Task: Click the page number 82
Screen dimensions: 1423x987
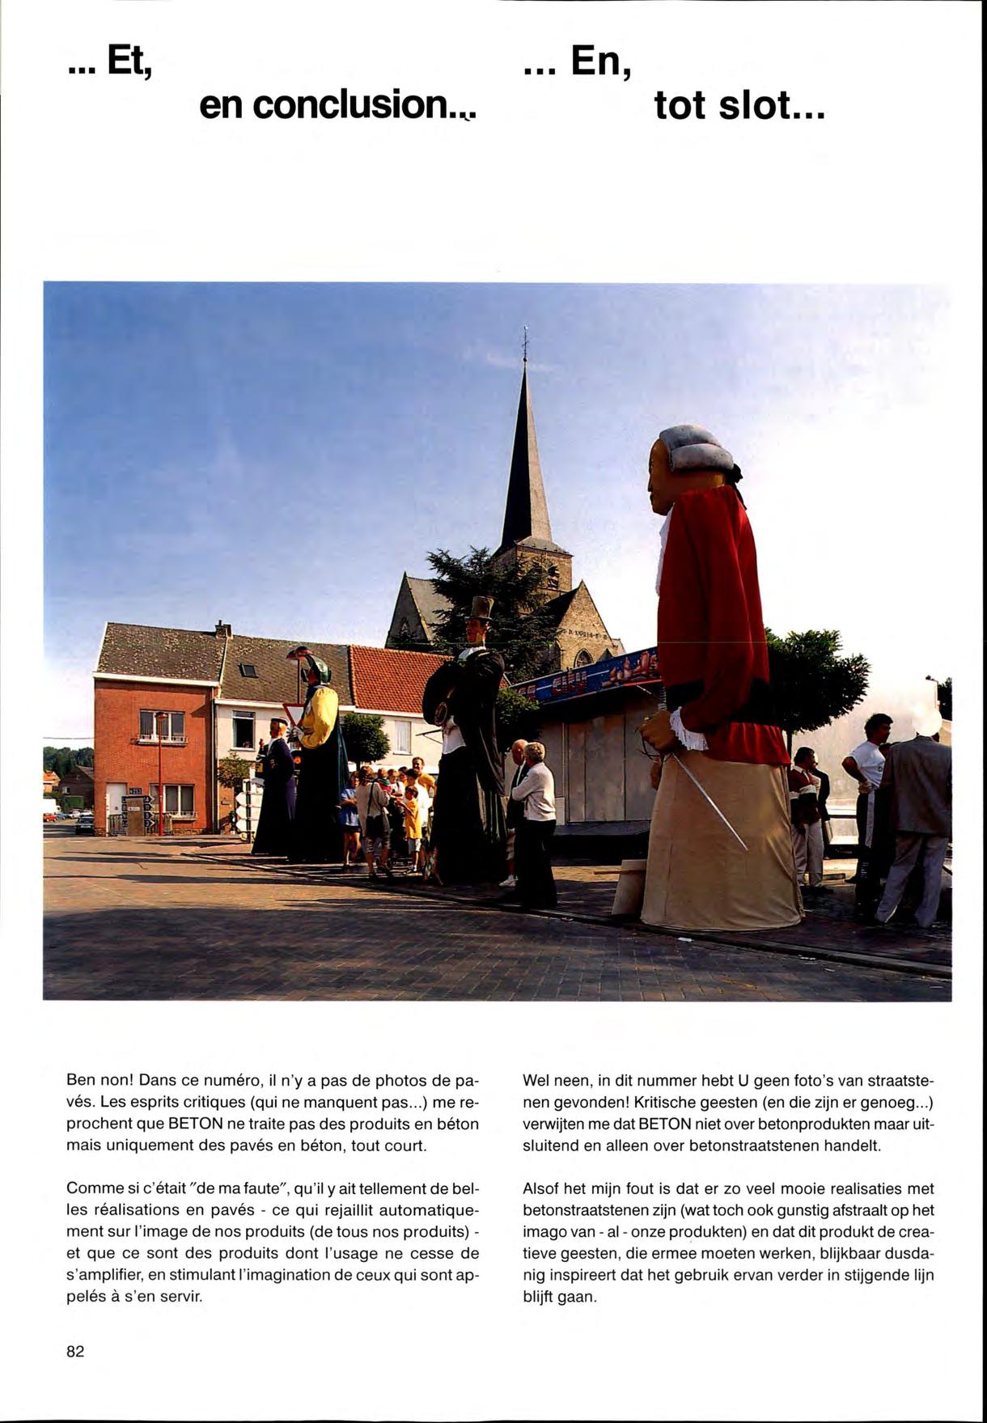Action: point(75,1351)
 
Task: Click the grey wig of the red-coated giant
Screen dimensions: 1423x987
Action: point(694,449)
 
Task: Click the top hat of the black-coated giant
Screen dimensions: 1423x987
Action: point(481,608)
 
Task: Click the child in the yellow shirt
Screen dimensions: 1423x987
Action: point(413,817)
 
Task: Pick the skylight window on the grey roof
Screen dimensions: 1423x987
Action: point(249,671)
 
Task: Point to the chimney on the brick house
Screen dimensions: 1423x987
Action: point(222,629)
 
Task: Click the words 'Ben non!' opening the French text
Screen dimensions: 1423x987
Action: point(99,1081)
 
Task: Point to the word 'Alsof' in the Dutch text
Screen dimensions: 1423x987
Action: point(541,1188)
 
